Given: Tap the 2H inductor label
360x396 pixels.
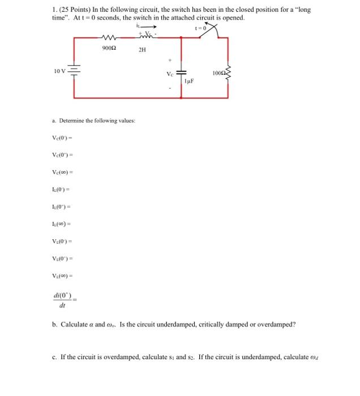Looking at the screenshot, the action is point(143,50).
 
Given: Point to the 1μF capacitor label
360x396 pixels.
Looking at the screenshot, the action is point(189,83).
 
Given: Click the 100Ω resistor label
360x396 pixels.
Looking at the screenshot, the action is point(218,74).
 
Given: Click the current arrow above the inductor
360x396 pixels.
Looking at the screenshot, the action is point(149,26).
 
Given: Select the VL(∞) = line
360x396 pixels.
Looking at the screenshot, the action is point(63,277).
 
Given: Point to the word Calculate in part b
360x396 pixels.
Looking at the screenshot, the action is point(73,325).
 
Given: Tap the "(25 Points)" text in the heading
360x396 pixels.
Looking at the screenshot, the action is point(75,10).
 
